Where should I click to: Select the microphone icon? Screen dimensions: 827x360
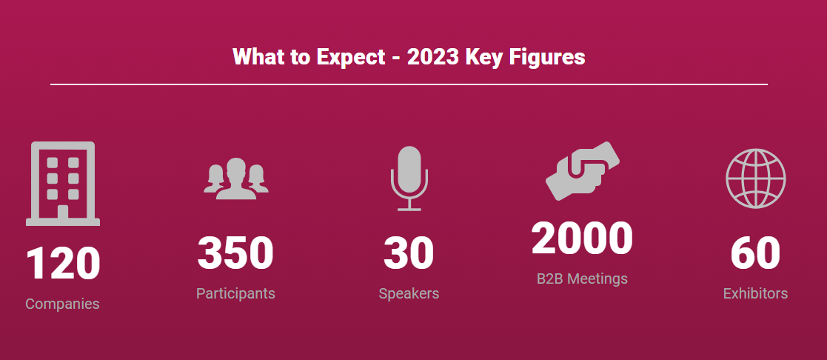click(409, 179)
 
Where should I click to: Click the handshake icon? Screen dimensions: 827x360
click(582, 171)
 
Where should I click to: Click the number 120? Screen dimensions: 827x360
click(63, 264)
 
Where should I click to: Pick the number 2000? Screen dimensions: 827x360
click(582, 238)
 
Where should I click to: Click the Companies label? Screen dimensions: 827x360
click(62, 304)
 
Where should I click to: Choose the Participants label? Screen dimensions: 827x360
click(235, 293)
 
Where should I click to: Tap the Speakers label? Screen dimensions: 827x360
click(409, 293)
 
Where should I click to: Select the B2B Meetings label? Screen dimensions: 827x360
click(582, 279)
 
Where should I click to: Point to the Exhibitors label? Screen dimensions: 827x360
click(755, 293)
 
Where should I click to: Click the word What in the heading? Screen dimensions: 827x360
click(258, 57)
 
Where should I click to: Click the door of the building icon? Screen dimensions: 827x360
click(63, 211)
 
